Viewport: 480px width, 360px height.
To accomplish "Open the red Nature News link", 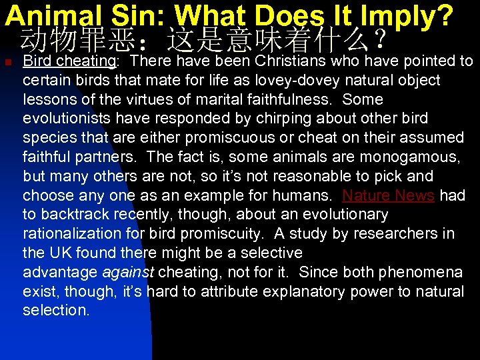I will (x=388, y=195).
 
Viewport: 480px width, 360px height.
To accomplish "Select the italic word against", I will (x=128, y=273).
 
